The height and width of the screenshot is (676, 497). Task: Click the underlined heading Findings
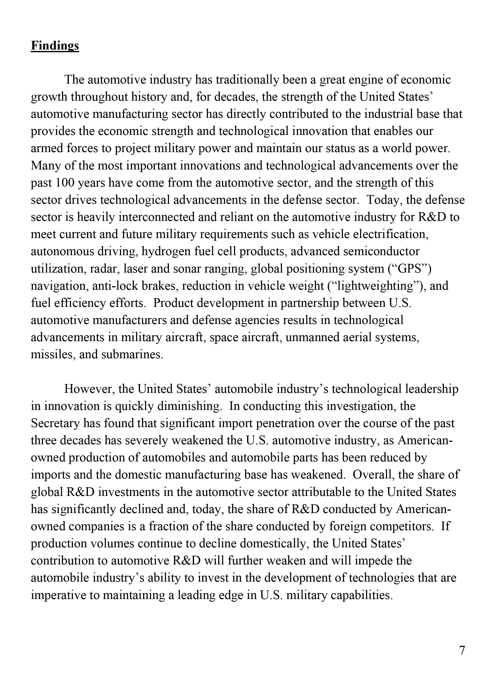55,45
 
